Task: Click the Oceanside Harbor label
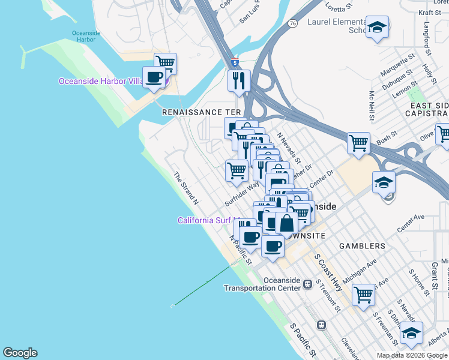83,35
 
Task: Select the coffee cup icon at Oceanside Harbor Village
154,77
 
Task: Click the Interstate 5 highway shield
235,62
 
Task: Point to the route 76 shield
292,23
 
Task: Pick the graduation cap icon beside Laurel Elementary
378,27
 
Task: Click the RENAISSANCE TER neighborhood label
201,112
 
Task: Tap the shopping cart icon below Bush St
358,143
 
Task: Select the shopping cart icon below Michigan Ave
364,295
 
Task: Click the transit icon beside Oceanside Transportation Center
307,283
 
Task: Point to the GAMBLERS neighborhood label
361,246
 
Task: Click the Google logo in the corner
20,353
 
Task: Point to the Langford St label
427,35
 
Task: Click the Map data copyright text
412,355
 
